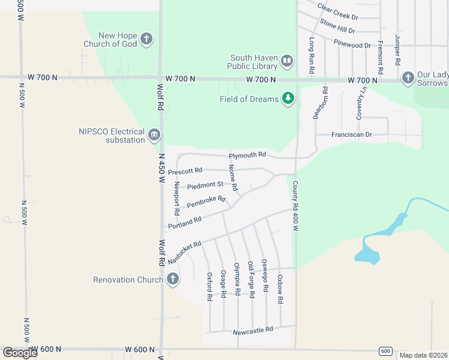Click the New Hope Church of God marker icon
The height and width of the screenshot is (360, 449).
pos(146,40)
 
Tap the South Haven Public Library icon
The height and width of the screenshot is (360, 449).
pos(287,62)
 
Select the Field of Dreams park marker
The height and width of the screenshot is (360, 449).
pos(288,98)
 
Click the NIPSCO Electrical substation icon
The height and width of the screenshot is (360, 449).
pos(155,136)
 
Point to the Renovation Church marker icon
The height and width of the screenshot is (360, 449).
pos(173,280)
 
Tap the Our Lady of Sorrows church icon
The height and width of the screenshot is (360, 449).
pos(408,77)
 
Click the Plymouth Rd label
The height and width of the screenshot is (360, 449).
pos(247,155)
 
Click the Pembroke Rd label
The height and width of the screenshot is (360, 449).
pos(206,202)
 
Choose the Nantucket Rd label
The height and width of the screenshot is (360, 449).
pos(182,250)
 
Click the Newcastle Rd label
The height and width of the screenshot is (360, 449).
pos(252,329)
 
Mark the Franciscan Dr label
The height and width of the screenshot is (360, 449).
pos(353,135)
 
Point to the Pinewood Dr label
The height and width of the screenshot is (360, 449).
pos(353,45)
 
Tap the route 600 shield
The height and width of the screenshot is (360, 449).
pos(385,351)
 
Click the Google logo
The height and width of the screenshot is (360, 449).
pos(20,353)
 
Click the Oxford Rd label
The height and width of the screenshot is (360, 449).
pos(209,286)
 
